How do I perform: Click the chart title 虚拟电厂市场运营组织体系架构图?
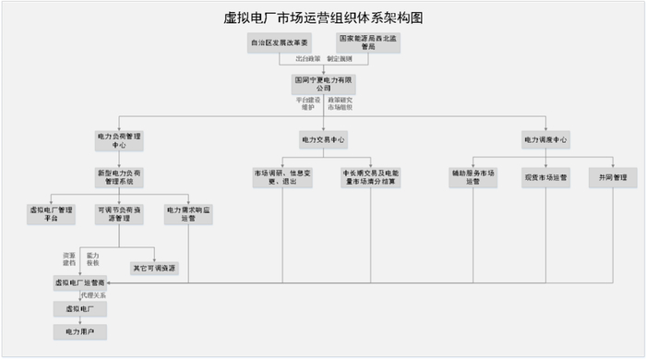pos(323,18)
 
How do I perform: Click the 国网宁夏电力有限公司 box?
pos(323,84)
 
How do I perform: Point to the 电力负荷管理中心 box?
pos(120,139)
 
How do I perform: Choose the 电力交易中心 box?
pos(323,139)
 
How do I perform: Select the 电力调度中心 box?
pos(545,139)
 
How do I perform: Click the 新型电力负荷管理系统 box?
pos(120,176)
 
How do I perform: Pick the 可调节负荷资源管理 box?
pos(120,214)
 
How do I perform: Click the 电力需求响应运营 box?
pos(188,214)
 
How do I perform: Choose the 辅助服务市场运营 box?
pos(473,176)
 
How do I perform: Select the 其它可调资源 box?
pos(154,268)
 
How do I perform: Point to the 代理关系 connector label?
pos(93,295)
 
